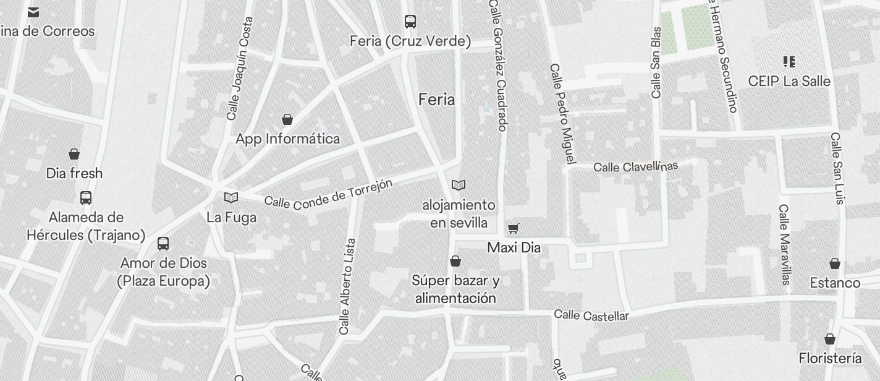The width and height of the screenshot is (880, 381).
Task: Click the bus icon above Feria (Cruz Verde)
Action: tap(410, 22)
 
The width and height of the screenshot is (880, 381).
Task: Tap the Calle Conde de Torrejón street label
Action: tap(329, 193)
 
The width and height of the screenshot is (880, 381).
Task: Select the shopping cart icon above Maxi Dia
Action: tap(513, 229)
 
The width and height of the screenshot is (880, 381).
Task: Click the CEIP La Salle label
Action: tap(789, 81)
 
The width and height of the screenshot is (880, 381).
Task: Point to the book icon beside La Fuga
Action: tap(231, 197)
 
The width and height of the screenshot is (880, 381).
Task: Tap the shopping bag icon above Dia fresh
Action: tap(74, 154)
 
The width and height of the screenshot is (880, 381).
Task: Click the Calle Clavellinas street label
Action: tap(635, 166)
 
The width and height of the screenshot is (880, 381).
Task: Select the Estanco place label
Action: tap(835, 283)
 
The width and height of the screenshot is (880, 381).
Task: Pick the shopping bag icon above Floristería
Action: tap(830, 340)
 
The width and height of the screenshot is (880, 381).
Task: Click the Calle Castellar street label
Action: tap(591, 315)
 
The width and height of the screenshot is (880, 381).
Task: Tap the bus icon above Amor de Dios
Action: tap(163, 244)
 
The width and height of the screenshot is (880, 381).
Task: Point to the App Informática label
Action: tap(287, 139)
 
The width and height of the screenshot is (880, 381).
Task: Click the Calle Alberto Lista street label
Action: tap(347, 286)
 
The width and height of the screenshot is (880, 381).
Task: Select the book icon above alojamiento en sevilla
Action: tap(459, 185)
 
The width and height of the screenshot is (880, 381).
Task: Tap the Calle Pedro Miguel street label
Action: tap(562, 114)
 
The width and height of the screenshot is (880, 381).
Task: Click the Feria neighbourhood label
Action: tap(436, 100)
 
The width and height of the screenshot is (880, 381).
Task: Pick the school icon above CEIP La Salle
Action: tap(789, 61)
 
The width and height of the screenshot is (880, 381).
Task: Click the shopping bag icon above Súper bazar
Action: tap(455, 262)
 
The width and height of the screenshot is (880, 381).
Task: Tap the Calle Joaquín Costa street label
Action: tap(240, 68)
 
